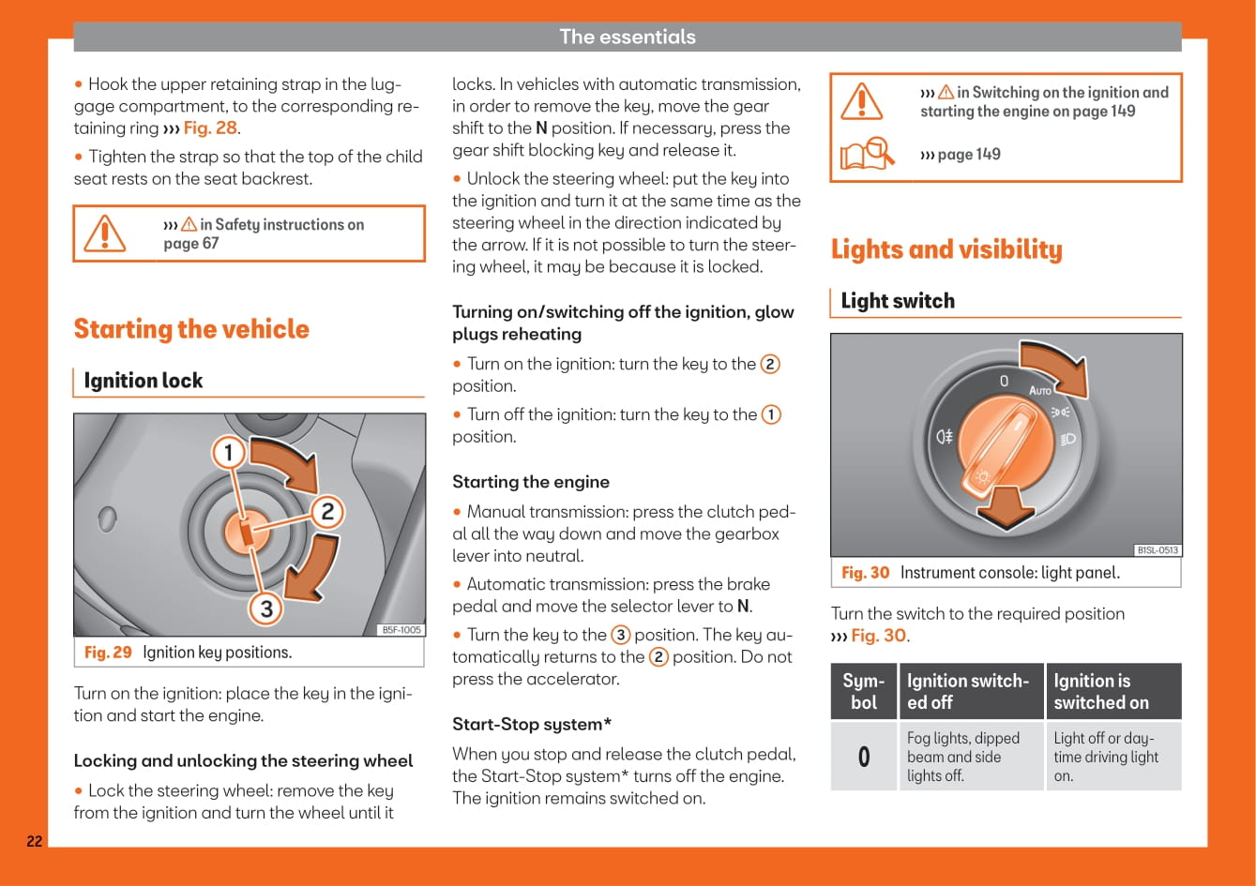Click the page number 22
tap(34, 841)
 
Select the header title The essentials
tap(628, 37)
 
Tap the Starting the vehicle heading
tap(191, 329)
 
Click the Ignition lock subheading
tap(144, 381)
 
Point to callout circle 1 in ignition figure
tap(228, 455)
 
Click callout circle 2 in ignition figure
tap(327, 512)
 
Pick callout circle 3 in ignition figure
tap(266, 609)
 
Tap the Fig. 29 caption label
tap(108, 653)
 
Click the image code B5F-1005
tap(401, 630)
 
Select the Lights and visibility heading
tap(946, 249)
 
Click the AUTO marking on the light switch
tap(1040, 389)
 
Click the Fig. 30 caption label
tap(865, 573)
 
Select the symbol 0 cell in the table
tap(864, 757)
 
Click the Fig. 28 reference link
tap(211, 128)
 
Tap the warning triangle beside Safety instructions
tap(105, 233)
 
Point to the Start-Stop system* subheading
tap(532, 725)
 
